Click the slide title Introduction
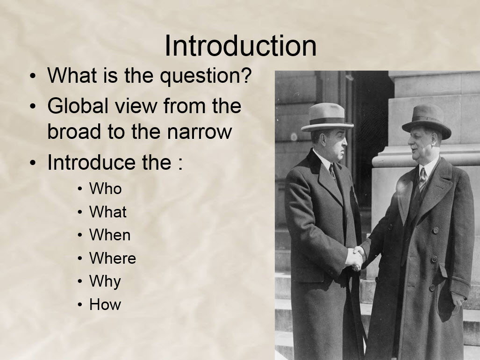241,46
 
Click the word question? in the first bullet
206,76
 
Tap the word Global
78,106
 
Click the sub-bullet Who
105,188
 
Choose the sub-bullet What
108,211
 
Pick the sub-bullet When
110,235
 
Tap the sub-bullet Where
113,258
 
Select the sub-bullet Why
105,282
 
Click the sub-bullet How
105,304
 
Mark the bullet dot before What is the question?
33,76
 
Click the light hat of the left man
327,117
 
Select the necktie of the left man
333,172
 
